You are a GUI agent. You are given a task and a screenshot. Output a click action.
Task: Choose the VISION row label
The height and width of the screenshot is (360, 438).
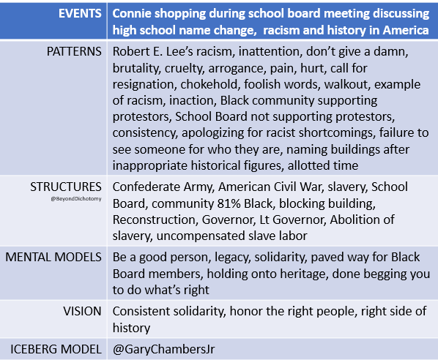pyautogui.click(x=83, y=311)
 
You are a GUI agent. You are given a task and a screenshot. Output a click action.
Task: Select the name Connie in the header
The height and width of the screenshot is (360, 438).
pyautogui.click(x=134, y=13)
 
